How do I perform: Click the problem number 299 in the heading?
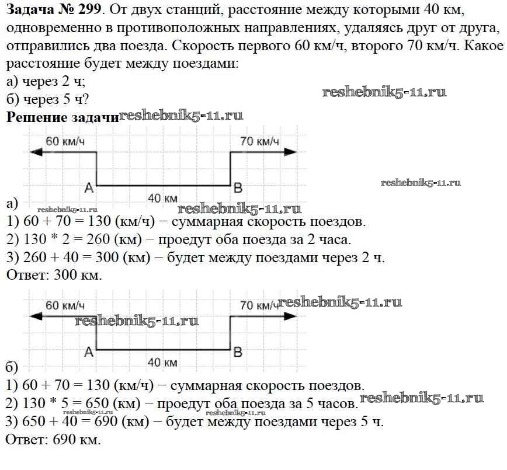89,10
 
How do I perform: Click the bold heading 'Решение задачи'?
62,117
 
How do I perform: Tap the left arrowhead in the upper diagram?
36,152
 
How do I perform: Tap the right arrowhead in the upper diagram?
290,152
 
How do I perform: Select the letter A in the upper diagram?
89,188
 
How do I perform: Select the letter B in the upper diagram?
238,188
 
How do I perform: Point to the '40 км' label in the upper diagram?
162,198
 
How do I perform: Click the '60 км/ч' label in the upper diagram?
65,141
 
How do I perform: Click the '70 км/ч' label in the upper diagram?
260,141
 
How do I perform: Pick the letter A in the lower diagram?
89,352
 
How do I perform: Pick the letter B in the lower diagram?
238,352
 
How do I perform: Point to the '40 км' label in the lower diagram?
162,363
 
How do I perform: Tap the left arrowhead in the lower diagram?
36,316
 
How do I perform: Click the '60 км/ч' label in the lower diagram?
65,305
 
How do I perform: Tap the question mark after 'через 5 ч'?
85,99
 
